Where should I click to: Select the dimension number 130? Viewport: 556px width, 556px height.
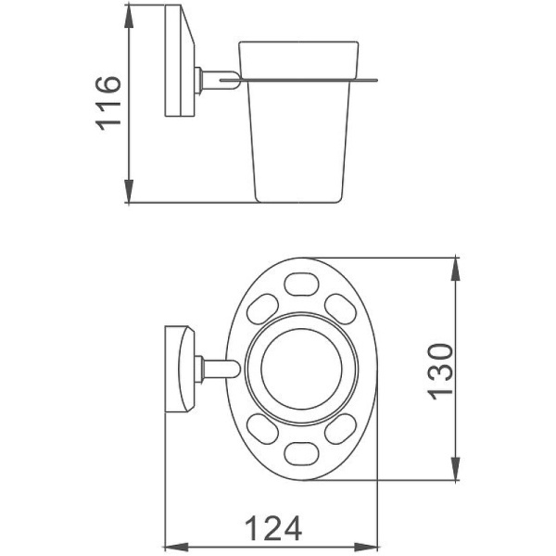439,370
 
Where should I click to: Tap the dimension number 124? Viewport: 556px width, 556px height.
273,529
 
